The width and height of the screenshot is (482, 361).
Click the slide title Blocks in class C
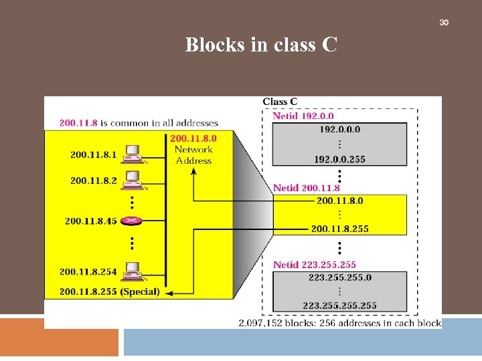pos(261,45)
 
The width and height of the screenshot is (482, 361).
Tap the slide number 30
pos(443,23)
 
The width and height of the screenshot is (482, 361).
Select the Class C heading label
pos(280,102)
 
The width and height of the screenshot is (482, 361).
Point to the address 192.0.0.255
pos(339,159)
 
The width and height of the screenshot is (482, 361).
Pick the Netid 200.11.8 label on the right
pos(306,188)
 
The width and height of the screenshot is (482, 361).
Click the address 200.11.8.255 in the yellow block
pos(339,229)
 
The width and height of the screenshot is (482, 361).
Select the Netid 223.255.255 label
pos(314,265)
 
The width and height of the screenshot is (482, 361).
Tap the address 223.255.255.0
pos(339,277)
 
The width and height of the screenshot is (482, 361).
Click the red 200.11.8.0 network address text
pos(193,138)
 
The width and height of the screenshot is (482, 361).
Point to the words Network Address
pos(193,155)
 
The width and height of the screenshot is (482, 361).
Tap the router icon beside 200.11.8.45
pos(133,221)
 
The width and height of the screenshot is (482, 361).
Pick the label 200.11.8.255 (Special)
pos(109,291)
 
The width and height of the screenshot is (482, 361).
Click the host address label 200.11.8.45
pos(90,221)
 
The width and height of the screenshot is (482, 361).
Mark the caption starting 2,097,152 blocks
pos(339,323)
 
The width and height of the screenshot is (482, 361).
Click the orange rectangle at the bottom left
pos(59,337)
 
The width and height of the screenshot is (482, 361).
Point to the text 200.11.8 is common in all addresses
pos(139,123)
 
